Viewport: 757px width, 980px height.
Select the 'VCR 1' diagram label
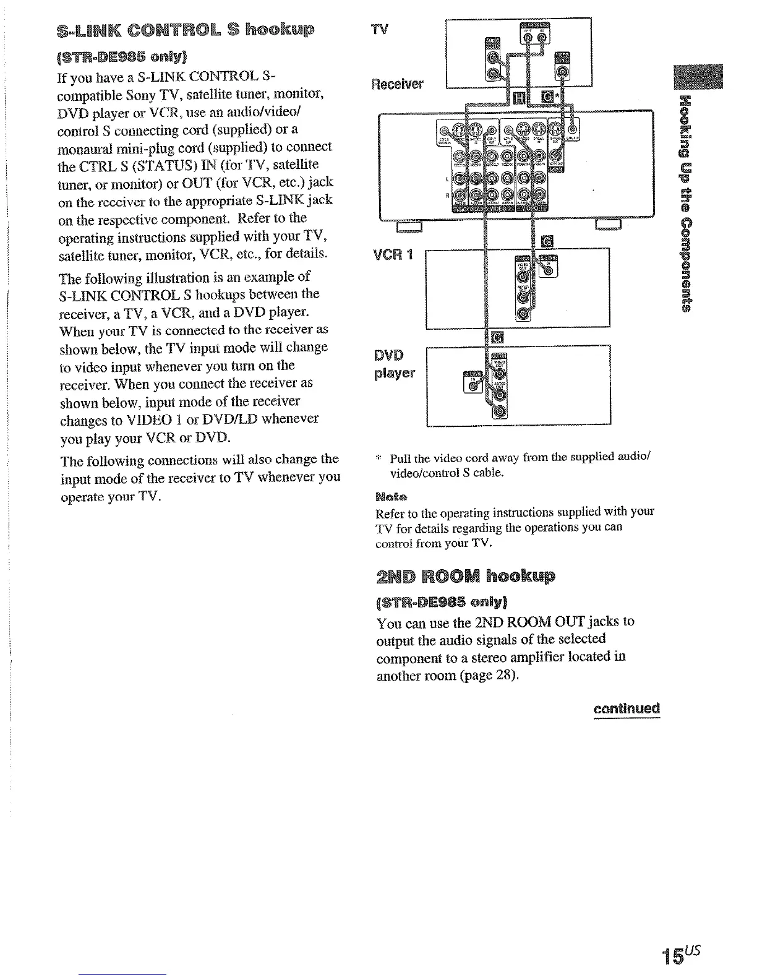tap(393, 255)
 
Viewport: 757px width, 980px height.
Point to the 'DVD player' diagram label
tap(393, 364)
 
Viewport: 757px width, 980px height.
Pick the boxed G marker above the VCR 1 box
tap(547, 241)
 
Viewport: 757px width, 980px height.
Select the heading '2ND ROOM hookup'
tap(466, 576)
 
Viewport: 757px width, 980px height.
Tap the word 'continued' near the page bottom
tap(626, 708)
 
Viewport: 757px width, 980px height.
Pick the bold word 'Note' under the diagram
tap(390, 497)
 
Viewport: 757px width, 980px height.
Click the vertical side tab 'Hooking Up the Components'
tap(684, 204)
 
